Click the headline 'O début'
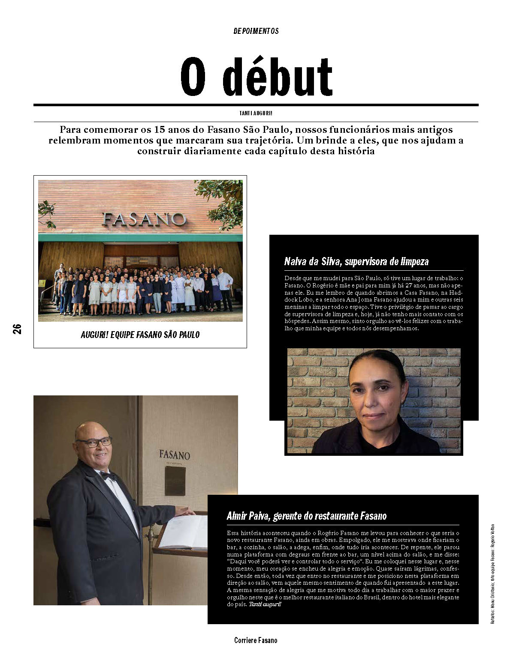pyautogui.click(x=256, y=77)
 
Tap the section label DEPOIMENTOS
pyautogui.click(x=256, y=31)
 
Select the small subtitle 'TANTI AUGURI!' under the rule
pyautogui.click(x=256, y=114)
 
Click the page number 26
pyautogui.click(x=17, y=329)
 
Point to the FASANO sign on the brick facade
pyautogui.click(x=144, y=219)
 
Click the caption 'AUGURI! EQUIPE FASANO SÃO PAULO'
pyautogui.click(x=140, y=335)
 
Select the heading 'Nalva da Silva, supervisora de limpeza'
pyautogui.click(x=356, y=262)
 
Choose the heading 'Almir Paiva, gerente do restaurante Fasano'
pyautogui.click(x=307, y=516)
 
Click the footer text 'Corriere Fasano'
pyautogui.click(x=256, y=640)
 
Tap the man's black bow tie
pyautogui.click(x=109, y=476)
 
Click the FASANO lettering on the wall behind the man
pyautogui.click(x=175, y=455)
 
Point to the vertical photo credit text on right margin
pyautogui.click(x=493, y=574)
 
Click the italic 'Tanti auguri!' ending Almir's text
pyautogui.click(x=265, y=604)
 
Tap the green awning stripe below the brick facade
pyautogui.click(x=140, y=237)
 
